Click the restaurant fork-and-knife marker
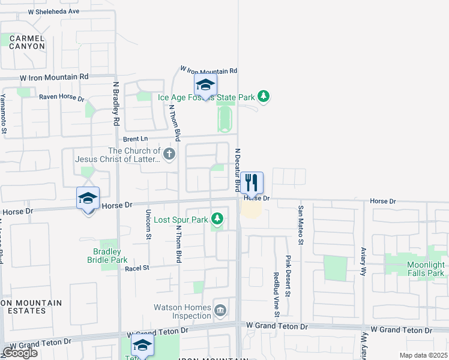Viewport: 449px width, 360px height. click(252, 183)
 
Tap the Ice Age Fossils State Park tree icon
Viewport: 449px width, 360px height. click(263, 96)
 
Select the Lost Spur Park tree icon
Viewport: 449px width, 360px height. click(217, 220)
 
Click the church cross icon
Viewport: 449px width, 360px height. click(169, 155)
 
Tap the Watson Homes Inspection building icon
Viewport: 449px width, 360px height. click(220, 310)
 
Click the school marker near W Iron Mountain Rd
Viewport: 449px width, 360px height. click(205, 86)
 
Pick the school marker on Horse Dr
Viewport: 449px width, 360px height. click(88, 199)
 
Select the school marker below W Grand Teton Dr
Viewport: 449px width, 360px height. click(142, 346)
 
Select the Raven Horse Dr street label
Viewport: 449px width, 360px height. click(62, 97)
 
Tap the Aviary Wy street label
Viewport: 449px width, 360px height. click(363, 260)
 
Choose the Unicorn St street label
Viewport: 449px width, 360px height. click(148, 224)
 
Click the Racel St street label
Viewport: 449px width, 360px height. click(137, 268)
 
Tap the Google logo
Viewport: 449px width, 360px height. click(20, 353)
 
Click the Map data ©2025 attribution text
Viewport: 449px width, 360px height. click(423, 355)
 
